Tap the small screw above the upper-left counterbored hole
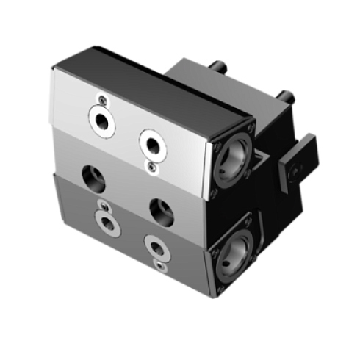coord(102,99)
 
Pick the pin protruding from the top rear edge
coord(219,65)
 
